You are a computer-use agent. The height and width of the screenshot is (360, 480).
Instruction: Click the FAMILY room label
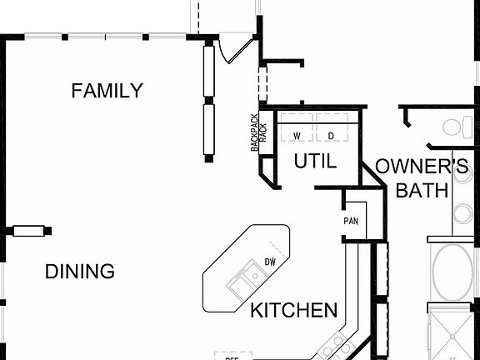107,91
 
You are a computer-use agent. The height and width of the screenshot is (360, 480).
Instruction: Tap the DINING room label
79,272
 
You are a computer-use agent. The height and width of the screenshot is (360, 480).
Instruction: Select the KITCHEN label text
294,311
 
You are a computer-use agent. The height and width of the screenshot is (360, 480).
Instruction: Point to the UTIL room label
315,162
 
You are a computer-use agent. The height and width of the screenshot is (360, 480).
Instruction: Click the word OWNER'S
421,166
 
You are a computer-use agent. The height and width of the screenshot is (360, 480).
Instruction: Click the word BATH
421,191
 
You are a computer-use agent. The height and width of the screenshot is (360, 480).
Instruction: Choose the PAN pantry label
351,222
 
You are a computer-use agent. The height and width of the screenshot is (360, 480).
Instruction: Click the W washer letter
296,135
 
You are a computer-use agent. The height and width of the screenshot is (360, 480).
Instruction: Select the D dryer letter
330,135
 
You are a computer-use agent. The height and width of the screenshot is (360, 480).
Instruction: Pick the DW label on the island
270,262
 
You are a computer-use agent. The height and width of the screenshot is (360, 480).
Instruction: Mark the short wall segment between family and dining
29,230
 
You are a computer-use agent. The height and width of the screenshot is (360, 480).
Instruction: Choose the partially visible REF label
232,357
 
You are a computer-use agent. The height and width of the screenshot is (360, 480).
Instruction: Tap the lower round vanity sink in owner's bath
463,213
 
